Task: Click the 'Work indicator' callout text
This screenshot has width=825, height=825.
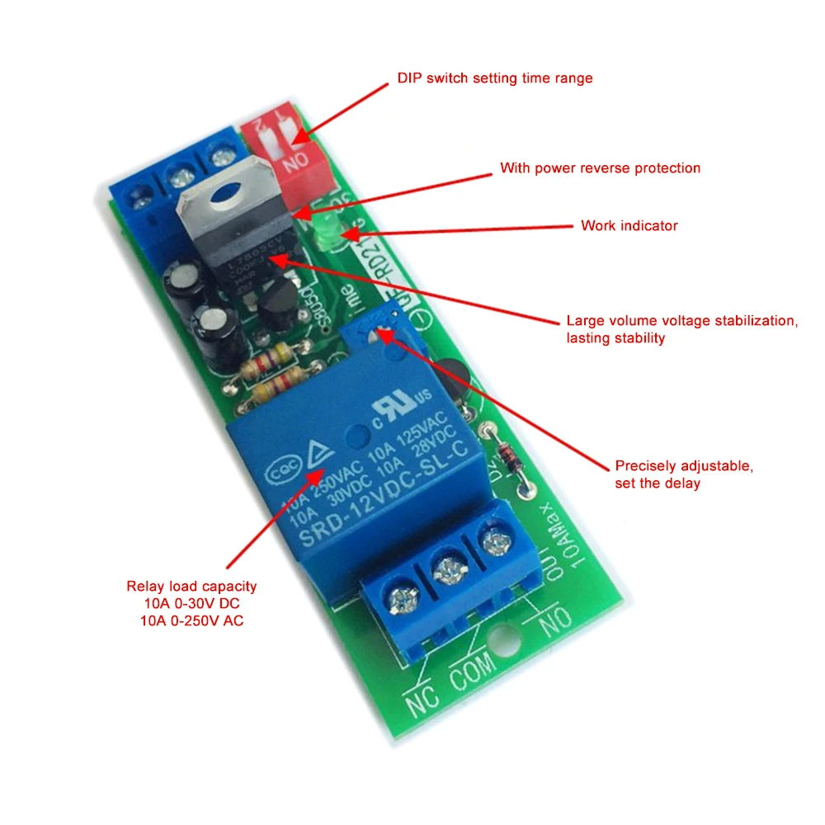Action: [629, 225]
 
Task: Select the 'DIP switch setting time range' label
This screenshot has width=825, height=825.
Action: [495, 78]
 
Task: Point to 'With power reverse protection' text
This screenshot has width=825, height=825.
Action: [600, 168]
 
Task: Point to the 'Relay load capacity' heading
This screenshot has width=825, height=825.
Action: [191, 587]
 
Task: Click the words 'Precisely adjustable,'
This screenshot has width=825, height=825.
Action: [684, 466]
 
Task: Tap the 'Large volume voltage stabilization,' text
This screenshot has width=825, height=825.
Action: [681, 321]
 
